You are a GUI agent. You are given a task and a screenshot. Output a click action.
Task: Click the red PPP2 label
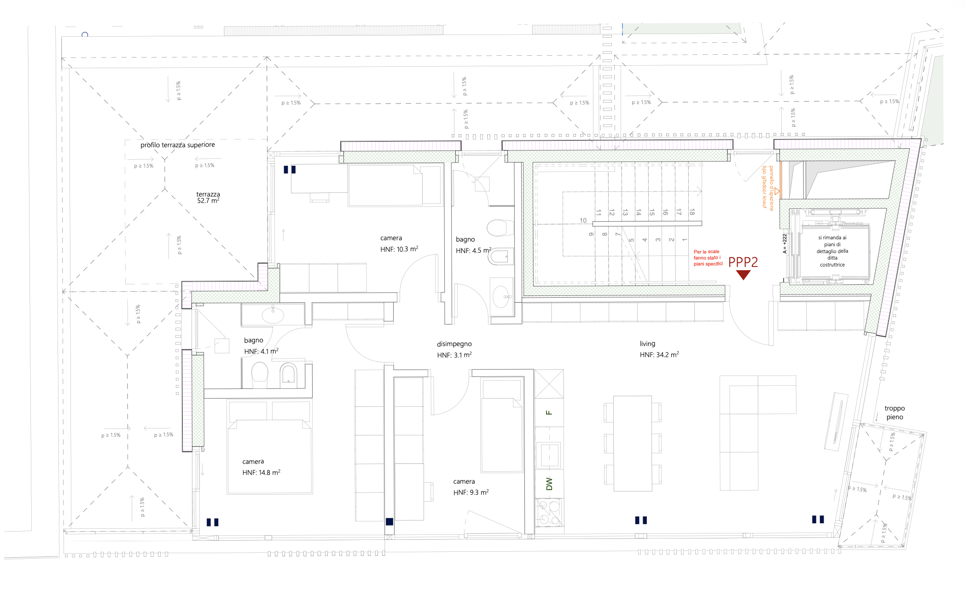[743, 262]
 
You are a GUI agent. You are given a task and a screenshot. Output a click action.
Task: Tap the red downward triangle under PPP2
[743, 275]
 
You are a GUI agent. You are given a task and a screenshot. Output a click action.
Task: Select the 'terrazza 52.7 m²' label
[208, 197]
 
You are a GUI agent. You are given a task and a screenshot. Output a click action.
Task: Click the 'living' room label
[647, 344]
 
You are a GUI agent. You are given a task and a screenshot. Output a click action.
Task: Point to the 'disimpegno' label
[454, 344]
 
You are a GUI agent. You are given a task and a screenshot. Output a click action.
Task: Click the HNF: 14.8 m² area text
[261, 473]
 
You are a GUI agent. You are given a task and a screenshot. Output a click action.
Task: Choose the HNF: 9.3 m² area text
[471, 492]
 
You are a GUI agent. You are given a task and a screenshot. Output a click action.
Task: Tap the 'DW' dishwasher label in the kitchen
[549, 484]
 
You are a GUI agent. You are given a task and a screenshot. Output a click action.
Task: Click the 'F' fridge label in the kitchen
[549, 412]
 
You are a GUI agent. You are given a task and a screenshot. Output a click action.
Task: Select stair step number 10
[583, 220]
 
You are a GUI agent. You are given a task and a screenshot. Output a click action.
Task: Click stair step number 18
[692, 212]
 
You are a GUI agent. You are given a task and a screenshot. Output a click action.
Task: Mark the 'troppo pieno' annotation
[895, 412]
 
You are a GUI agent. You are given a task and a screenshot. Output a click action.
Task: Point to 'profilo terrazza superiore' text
[178, 145]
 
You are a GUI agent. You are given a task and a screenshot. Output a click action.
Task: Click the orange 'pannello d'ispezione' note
[768, 187]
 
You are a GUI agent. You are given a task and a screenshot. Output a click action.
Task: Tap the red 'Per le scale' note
[708, 258]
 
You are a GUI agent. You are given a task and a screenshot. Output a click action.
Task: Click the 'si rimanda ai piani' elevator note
[832, 251]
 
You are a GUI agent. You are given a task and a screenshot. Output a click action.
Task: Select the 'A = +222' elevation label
[785, 243]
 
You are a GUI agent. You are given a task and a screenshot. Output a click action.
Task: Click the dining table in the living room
[633, 443]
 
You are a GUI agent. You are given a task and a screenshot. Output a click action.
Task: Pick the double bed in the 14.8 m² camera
[270, 456]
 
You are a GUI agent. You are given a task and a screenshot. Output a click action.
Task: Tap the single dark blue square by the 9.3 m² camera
[389, 521]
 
